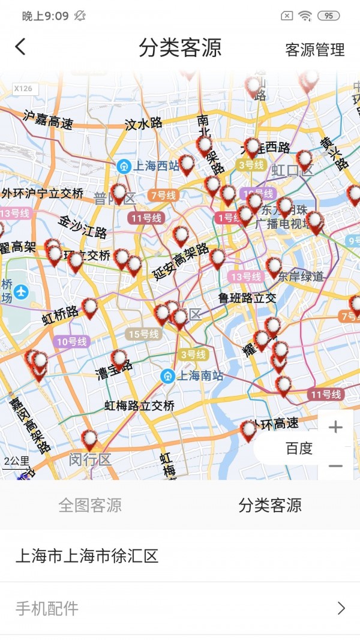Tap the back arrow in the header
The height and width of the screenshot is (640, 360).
21,47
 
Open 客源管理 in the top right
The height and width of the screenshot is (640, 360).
315,50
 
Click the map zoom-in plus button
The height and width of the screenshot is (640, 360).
335,427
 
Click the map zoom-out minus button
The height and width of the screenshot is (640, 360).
335,466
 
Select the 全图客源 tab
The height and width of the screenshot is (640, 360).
90,505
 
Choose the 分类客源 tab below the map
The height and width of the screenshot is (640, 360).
270,505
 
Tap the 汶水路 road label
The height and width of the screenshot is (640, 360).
144,124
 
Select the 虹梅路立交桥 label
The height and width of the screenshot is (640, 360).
140,406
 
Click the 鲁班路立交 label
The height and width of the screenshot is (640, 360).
247,298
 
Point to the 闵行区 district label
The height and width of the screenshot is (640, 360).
90,460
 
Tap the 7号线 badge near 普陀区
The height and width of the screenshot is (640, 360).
163,195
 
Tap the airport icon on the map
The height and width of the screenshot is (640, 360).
22,292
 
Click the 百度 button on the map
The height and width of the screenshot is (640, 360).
299,448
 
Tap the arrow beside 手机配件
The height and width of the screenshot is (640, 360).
341,608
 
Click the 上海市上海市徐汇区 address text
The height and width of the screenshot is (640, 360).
87,556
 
